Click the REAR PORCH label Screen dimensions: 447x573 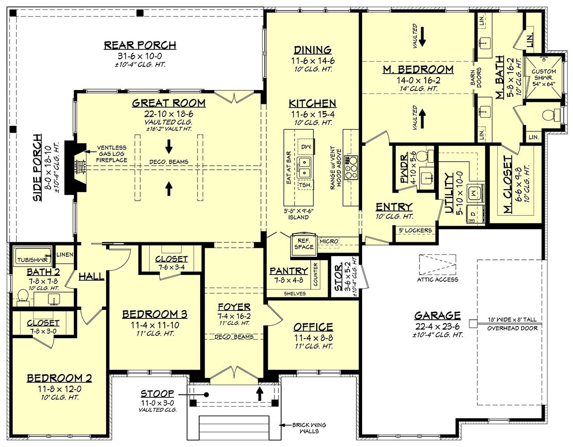pyautogui.click(x=140, y=45)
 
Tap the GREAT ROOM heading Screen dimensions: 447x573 pyautogui.click(x=169, y=103)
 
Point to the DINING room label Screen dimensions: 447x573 pyautogui.click(x=312, y=50)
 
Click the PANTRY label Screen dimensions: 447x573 pyautogui.click(x=288, y=271)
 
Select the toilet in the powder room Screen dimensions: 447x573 pyautogui.click(x=429, y=156)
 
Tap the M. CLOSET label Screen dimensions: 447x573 pyautogui.click(x=508, y=184)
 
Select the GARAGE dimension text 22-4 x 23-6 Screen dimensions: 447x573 pyautogui.click(x=437, y=327)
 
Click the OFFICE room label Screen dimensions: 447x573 pyautogui.click(x=313, y=327)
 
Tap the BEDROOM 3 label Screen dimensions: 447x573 pyautogui.click(x=155, y=314)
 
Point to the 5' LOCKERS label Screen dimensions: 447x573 pyautogui.click(x=415, y=230)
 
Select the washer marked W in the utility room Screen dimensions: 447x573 pyautogui.click(x=474, y=193)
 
